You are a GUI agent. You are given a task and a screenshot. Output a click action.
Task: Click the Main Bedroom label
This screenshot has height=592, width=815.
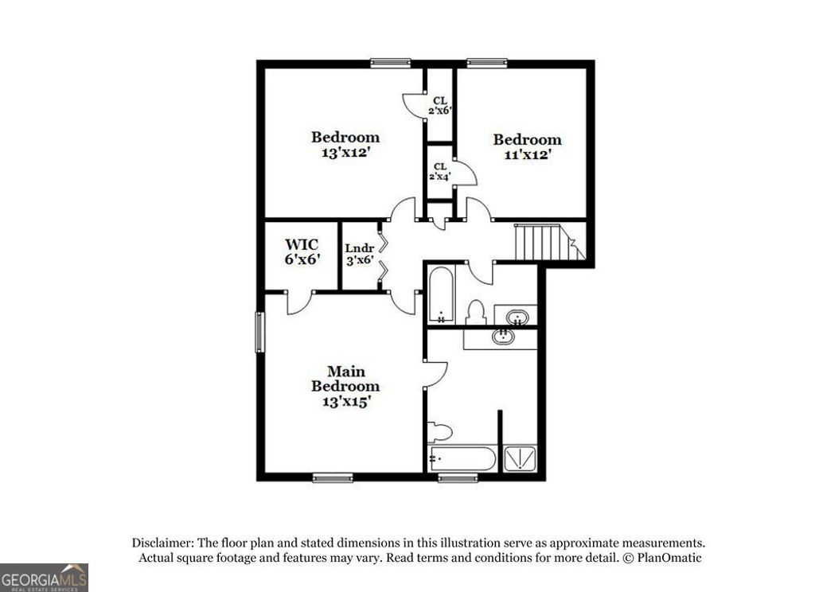point(345,379)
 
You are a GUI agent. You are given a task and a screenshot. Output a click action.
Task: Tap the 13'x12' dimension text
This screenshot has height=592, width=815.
point(345,152)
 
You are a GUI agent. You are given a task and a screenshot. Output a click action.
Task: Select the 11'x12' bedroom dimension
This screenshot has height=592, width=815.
point(527,155)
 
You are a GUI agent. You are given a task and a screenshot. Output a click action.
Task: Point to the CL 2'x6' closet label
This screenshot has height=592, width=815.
point(440,105)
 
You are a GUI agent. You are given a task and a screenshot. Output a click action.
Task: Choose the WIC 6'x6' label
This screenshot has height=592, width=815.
point(302,251)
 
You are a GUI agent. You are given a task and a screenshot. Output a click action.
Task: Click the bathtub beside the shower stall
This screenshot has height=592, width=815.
point(462,460)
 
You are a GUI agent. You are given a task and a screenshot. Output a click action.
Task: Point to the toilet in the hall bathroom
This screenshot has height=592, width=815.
point(476,312)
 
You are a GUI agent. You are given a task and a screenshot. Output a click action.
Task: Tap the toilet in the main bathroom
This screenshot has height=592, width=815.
point(439,432)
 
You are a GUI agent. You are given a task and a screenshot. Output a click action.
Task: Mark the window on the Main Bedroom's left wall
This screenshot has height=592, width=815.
point(259,331)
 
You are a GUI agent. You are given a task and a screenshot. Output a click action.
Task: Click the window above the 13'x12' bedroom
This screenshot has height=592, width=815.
point(390,62)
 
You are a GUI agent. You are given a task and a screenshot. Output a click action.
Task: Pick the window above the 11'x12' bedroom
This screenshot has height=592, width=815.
point(487,62)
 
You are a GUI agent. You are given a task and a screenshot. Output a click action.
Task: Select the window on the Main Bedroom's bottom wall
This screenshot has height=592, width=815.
point(333,477)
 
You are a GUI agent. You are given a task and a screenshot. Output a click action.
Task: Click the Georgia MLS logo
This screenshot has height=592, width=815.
point(44,577)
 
